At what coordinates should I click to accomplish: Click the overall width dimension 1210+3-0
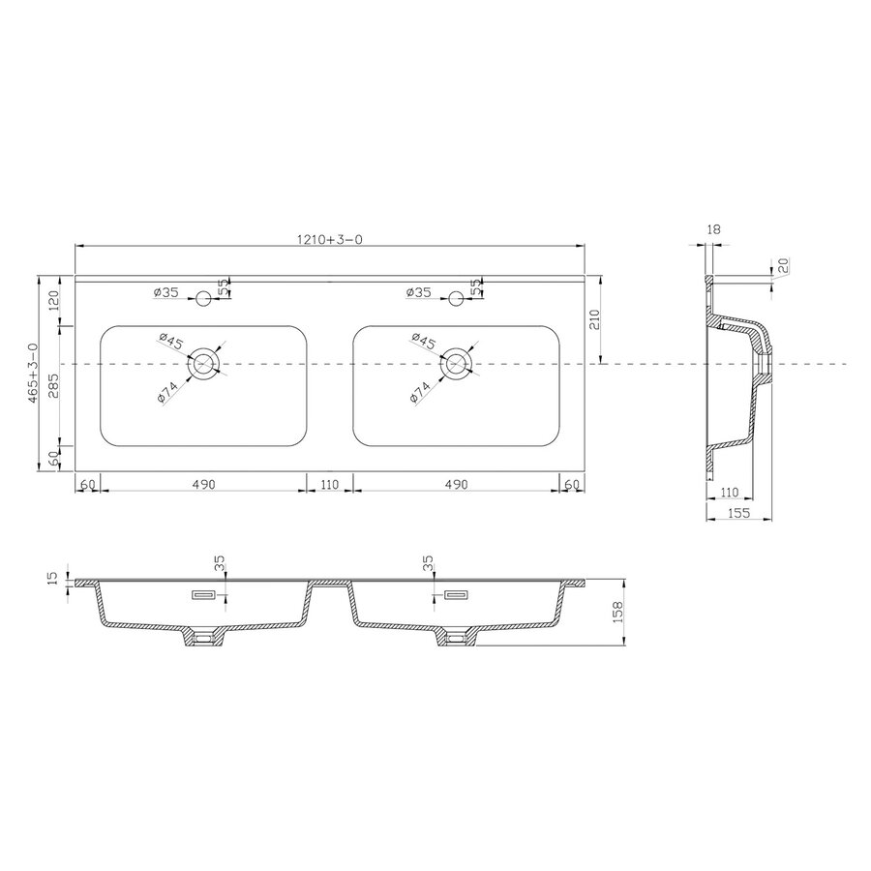tap(329, 239)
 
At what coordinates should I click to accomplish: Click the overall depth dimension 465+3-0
tap(33, 373)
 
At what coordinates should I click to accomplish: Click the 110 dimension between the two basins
tap(330, 483)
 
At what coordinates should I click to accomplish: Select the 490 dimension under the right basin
tap(456, 483)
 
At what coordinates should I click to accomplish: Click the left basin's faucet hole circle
tap(203, 297)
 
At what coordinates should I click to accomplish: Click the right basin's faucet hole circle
tap(456, 297)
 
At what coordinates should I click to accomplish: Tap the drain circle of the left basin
tap(203, 364)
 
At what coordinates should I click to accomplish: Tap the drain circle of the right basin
tap(456, 364)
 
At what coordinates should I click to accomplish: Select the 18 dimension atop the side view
tap(714, 230)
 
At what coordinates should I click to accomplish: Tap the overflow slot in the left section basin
tap(205, 594)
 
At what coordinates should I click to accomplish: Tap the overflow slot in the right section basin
tap(456, 594)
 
